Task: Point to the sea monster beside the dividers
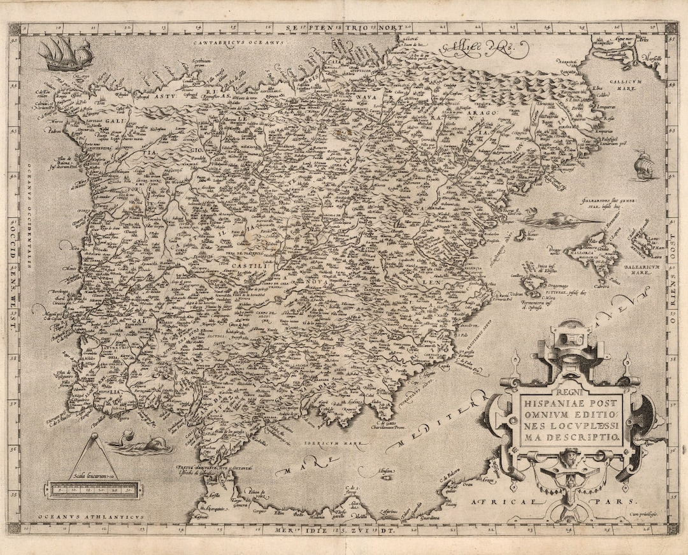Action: (x=141, y=444)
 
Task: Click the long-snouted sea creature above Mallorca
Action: (x=561, y=220)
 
